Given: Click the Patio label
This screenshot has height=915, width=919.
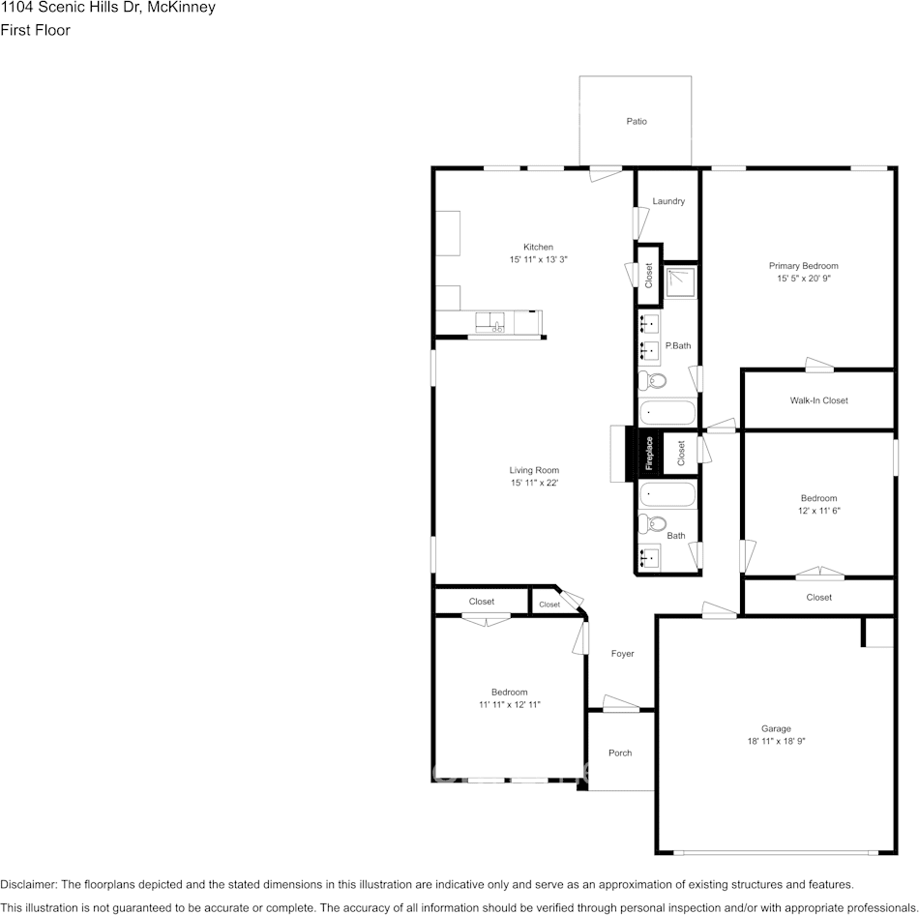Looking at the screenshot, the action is (637, 121).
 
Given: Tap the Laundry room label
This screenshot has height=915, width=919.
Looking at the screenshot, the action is (668, 201).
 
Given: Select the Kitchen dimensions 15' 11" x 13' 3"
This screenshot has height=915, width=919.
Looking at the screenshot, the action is (538, 259).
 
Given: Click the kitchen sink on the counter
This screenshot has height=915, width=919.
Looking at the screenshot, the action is (490, 322).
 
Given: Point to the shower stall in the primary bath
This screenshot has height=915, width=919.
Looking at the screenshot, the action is (680, 281).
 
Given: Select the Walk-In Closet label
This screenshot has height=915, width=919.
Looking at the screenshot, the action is (818, 400).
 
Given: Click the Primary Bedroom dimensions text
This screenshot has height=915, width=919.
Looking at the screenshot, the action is (804, 279).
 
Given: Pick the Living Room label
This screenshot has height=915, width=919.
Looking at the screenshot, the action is (534, 470).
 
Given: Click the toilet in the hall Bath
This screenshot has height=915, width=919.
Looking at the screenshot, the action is (652, 523).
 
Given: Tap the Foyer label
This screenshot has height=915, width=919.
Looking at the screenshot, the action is (622, 654).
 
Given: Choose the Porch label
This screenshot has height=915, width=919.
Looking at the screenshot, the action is (620, 753).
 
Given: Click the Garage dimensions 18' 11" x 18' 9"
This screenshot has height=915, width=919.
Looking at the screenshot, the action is (776, 741).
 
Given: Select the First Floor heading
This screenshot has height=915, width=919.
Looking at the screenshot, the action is (35, 30).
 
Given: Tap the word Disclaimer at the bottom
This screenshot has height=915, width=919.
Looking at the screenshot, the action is (29, 884).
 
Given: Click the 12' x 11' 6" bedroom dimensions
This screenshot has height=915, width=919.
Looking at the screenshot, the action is (818, 511).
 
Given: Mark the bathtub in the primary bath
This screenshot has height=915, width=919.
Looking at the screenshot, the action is (667, 412).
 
